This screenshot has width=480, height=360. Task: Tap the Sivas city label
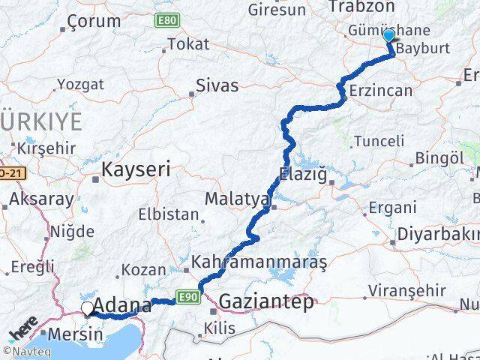coord(217,86)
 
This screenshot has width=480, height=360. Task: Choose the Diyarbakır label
coord(439,231)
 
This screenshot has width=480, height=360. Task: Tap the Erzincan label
coord(381,91)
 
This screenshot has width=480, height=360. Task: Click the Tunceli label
coord(379,140)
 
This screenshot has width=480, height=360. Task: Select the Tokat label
coord(188,44)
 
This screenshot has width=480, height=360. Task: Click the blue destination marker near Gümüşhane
coord(388,36)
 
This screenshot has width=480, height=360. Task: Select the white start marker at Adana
coord(88,307)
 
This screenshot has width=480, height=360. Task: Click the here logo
coord(22,329)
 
